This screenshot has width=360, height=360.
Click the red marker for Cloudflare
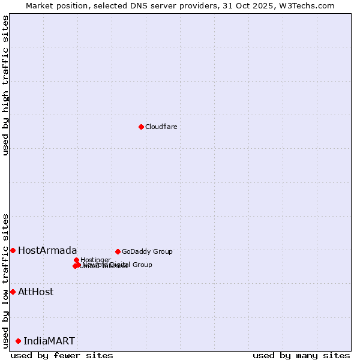click(141, 127)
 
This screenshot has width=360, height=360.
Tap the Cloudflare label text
click(161, 127)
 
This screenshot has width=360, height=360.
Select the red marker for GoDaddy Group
click(118, 251)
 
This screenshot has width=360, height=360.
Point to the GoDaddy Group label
click(147, 251)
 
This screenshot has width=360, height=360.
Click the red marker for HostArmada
click(13, 250)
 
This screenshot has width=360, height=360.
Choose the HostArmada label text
click(47, 250)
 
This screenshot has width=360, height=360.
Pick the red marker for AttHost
click(13, 292)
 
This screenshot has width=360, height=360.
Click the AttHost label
click(35, 292)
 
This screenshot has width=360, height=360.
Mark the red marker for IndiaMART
click(18, 341)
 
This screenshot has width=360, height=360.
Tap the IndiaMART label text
click(49, 341)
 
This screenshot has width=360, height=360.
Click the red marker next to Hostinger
click(76, 260)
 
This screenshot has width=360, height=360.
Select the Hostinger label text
click(96, 260)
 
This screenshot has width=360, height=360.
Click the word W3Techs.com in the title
click(309, 5)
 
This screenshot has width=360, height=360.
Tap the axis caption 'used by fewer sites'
click(62, 355)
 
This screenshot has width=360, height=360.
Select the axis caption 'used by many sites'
click(301, 355)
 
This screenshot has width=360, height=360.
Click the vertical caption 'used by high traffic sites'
click(6, 85)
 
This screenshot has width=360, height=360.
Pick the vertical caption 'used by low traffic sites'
click(6, 280)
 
